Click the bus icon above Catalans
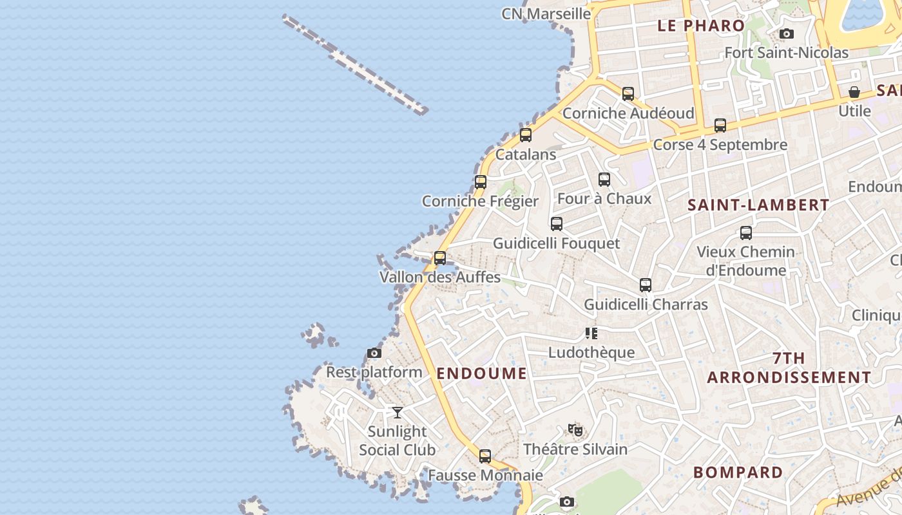[526, 135]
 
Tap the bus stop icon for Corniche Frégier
[481, 182]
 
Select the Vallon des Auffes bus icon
[440, 258]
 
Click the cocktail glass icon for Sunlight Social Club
[398, 412]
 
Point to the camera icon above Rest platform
[374, 353]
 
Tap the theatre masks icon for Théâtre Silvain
[575, 429]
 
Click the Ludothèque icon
[591, 333]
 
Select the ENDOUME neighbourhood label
[481, 373]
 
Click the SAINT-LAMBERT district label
[758, 205]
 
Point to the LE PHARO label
[701, 26]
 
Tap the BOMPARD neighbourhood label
[738, 473]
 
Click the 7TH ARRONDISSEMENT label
[789, 368]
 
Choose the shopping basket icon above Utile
[854, 93]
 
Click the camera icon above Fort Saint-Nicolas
[786, 33]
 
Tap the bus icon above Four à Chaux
[604, 180]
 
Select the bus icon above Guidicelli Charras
[646, 285]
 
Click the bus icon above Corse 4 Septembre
[720, 126]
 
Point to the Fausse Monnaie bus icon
[485, 456]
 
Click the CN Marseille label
[546, 14]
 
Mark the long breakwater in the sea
[355, 64]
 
